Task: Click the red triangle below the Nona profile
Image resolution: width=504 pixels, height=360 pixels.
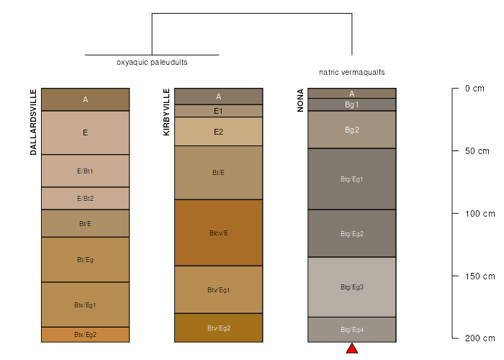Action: (x=352, y=348)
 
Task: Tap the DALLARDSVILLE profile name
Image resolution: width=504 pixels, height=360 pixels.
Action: (x=33, y=122)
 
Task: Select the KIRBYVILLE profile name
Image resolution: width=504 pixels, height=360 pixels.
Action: (x=166, y=112)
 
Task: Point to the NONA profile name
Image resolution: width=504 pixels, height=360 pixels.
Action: (x=300, y=100)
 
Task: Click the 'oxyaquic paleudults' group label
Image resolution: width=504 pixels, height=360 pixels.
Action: (x=152, y=63)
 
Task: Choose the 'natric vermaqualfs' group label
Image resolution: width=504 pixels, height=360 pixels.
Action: (x=351, y=72)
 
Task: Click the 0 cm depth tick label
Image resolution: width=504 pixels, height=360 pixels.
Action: (x=474, y=89)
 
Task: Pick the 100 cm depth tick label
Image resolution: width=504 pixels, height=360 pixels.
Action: (x=480, y=214)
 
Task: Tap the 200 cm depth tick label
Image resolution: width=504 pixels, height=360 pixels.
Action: (x=480, y=338)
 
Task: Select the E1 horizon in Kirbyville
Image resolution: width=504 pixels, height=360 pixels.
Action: (x=219, y=111)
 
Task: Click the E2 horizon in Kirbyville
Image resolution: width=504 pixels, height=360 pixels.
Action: (x=219, y=132)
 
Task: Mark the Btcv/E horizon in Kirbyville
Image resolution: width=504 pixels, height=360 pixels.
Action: (x=219, y=233)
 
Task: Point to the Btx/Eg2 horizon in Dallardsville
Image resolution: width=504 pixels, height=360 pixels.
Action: (x=85, y=335)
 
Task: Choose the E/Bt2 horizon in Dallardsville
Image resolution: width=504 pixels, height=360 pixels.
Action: (x=85, y=198)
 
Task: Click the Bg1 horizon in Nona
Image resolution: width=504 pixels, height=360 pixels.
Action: (x=352, y=105)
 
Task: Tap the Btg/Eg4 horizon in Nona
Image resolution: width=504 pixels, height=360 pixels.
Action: (x=352, y=330)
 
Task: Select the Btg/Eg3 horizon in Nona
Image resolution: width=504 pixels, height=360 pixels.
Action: (x=352, y=287)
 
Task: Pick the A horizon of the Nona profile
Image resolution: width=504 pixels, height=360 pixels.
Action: (x=352, y=94)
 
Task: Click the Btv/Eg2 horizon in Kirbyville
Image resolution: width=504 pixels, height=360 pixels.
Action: (x=219, y=328)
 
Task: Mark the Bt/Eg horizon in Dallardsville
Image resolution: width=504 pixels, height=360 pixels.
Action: (x=85, y=260)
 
